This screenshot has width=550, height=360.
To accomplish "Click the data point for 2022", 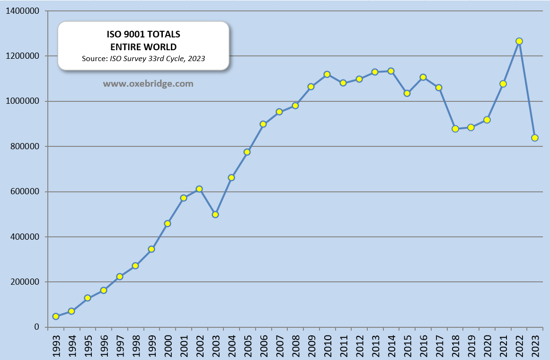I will click(x=519, y=41).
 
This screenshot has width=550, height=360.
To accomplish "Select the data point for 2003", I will click(x=215, y=215).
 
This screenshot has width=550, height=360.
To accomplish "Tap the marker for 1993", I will click(x=56, y=316).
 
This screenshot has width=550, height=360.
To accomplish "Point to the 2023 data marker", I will click(x=535, y=138).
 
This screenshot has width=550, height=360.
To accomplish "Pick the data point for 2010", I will click(x=327, y=74).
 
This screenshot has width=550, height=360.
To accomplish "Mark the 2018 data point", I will click(x=455, y=129).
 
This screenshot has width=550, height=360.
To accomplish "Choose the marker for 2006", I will click(x=263, y=124).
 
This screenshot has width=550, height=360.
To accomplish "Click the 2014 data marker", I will click(x=391, y=71).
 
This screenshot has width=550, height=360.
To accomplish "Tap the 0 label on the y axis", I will click(x=36, y=327).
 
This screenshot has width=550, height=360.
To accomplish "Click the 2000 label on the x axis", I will click(x=168, y=344).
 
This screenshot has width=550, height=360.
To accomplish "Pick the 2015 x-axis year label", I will click(x=407, y=344).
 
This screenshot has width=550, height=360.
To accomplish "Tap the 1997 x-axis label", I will click(x=120, y=344).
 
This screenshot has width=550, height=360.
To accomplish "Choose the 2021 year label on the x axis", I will click(x=503, y=344).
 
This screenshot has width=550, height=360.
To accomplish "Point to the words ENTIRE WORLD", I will click(x=143, y=47).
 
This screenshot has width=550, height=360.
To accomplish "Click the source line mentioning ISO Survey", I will click(x=143, y=58).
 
